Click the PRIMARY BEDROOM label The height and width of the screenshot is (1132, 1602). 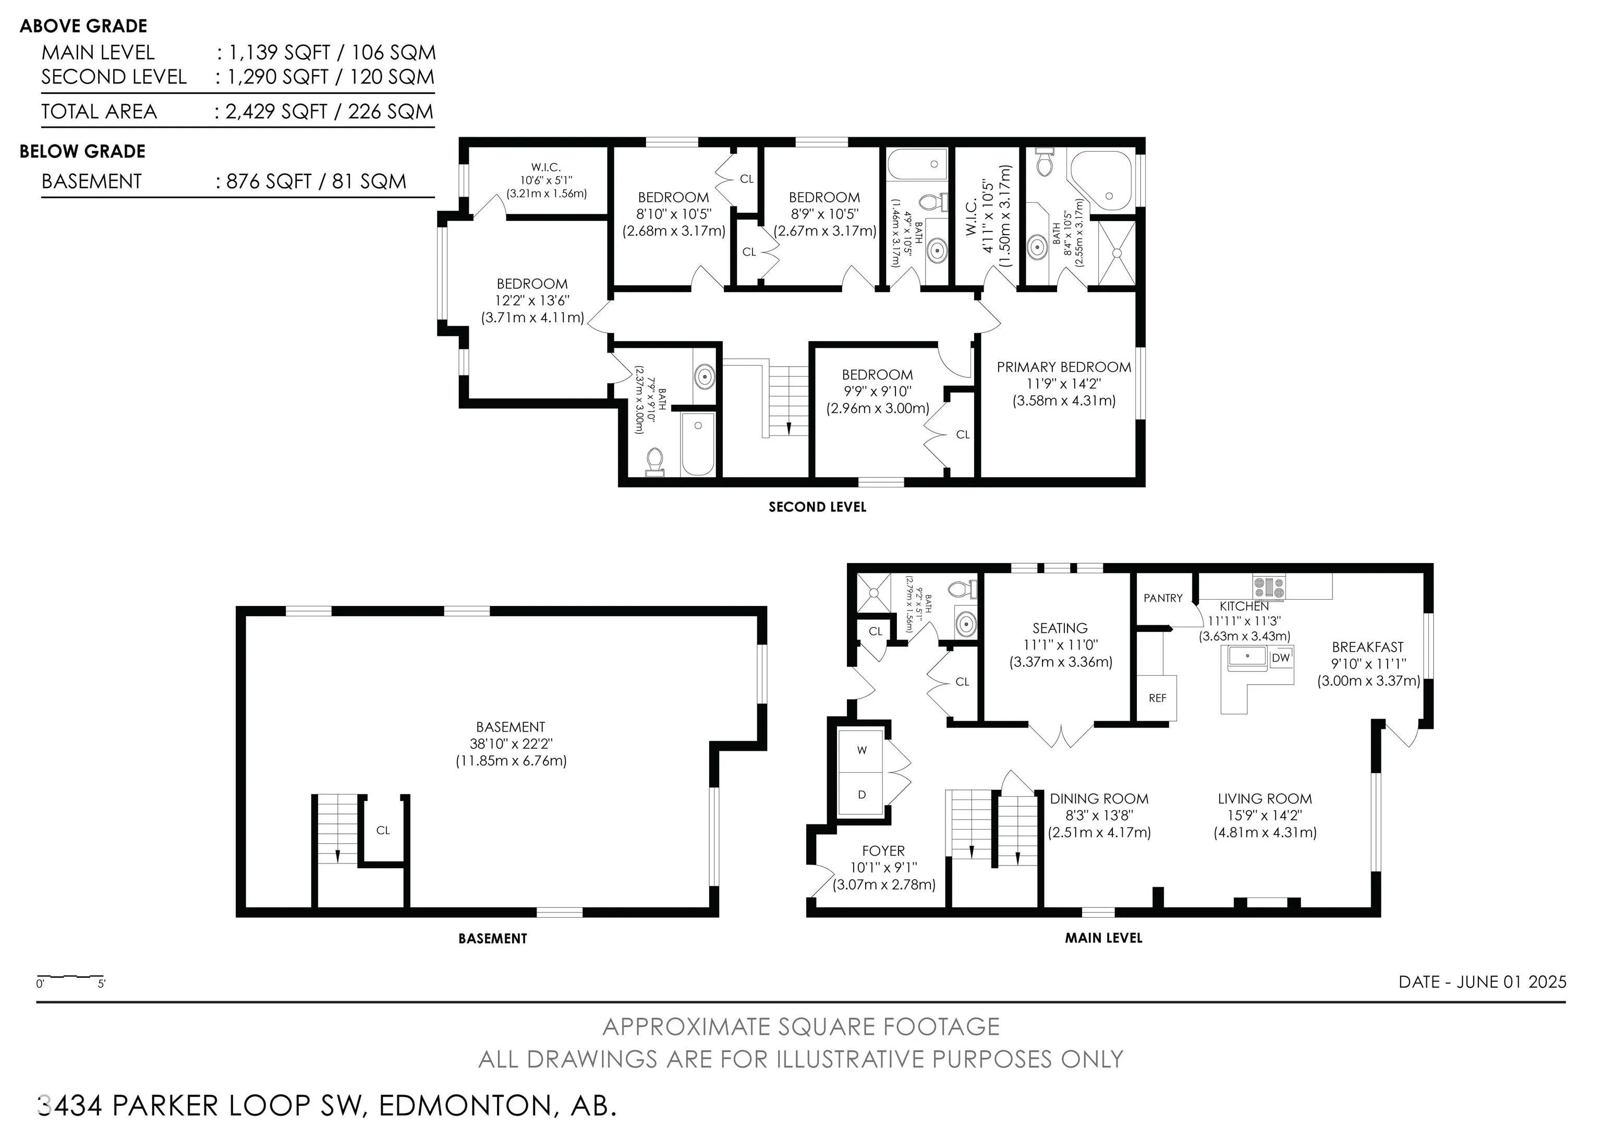click(1063, 367)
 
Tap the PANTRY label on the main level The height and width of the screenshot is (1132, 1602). click(1163, 598)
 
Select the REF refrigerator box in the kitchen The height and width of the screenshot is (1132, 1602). click(1157, 698)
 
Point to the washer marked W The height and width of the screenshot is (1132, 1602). click(861, 750)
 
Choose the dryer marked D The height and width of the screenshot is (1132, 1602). click(861, 794)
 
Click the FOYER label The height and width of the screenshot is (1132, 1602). click(883, 851)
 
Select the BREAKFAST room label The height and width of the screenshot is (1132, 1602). click(1367, 647)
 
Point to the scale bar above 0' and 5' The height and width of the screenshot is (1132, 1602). click(70, 976)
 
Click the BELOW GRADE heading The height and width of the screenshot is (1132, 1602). click(82, 151)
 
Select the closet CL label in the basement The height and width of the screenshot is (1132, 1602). click(383, 830)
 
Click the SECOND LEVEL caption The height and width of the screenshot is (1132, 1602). click(817, 507)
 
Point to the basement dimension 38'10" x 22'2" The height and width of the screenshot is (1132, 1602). click(511, 744)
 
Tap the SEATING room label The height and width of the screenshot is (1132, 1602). click(1060, 628)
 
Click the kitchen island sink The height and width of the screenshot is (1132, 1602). click(1247, 657)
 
